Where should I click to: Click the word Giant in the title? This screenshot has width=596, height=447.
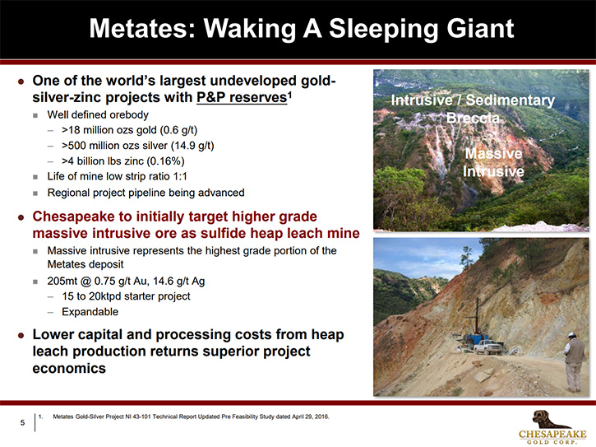click(x=480, y=29)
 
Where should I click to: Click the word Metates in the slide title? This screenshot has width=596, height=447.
click(x=142, y=29)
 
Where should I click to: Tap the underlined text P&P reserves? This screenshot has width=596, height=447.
click(x=242, y=97)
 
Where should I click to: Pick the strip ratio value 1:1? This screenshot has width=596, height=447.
click(x=180, y=176)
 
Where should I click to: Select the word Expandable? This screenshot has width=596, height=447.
click(x=90, y=312)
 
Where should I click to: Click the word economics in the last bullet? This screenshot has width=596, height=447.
click(x=69, y=368)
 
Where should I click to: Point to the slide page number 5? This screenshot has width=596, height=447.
click(x=22, y=422)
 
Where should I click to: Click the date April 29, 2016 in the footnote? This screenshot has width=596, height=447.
click(x=310, y=417)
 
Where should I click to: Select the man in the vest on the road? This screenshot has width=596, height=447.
click(x=575, y=361)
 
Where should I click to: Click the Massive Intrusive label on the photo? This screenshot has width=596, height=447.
click(x=493, y=162)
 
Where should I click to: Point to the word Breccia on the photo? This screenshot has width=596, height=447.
click(x=473, y=118)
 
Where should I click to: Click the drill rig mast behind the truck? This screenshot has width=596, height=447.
click(x=478, y=316)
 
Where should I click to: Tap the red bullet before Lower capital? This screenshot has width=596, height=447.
click(x=21, y=335)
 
